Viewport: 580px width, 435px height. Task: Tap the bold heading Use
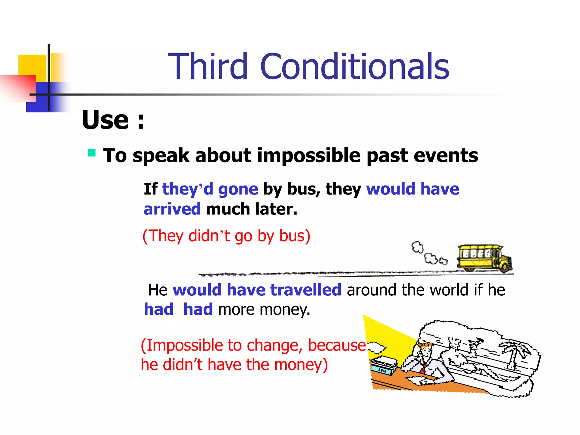tap(105, 120)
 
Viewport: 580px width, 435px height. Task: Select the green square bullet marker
tap(91, 153)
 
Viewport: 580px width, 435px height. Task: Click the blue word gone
tap(238, 189)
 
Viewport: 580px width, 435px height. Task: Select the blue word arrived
tap(172, 209)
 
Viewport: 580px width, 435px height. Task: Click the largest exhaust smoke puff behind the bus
tap(418, 247)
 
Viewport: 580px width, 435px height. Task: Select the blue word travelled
tap(306, 290)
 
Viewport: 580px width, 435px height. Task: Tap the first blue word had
tap(159, 309)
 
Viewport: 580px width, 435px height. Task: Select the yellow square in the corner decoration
tap(32, 65)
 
